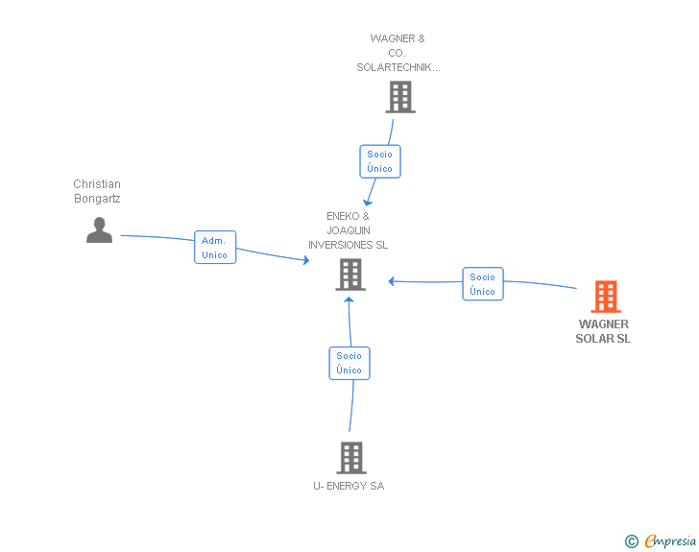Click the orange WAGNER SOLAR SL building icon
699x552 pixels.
606,297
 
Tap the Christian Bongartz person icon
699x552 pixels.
100,230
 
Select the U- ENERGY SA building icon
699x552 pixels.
351,458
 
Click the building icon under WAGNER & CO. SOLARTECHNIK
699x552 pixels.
400,97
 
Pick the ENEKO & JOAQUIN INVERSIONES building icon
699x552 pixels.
350,276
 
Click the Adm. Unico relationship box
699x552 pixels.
215,248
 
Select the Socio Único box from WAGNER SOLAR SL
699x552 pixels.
483,284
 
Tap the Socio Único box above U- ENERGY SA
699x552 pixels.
349,364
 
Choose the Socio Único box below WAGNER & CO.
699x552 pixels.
380,161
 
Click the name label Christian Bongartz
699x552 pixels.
97,191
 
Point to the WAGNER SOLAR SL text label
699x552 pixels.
603,331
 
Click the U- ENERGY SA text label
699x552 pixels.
349,486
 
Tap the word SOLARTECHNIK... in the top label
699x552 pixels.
398,67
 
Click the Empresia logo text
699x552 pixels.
670,541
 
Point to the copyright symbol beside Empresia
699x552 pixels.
632,541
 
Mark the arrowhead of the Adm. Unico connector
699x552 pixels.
306,260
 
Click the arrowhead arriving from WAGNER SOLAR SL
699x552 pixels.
391,281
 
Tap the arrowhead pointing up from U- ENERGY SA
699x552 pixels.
349,300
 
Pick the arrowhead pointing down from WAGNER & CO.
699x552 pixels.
367,203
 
